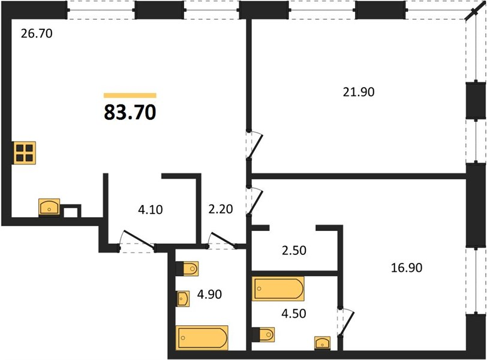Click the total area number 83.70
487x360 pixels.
point(130,112)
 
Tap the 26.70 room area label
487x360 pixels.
point(37,34)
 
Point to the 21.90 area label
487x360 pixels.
point(359,92)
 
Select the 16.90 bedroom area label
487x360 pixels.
point(407,268)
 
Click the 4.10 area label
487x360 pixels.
point(151,209)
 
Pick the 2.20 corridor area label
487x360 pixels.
point(221,209)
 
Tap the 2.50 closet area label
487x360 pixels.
point(294,250)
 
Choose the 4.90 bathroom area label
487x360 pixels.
point(209,294)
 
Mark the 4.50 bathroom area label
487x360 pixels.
point(293,313)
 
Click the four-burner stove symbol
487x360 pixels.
point(25,153)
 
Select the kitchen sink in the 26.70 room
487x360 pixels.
point(49,206)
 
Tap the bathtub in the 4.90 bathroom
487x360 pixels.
point(202,338)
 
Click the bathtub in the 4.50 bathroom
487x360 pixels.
point(278,289)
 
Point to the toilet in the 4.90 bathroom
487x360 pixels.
point(187,268)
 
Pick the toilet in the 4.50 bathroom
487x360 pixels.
point(263,335)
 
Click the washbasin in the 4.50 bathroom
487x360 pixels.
point(323,343)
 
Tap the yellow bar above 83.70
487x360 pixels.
point(130,95)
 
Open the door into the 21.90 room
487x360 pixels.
point(254,145)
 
